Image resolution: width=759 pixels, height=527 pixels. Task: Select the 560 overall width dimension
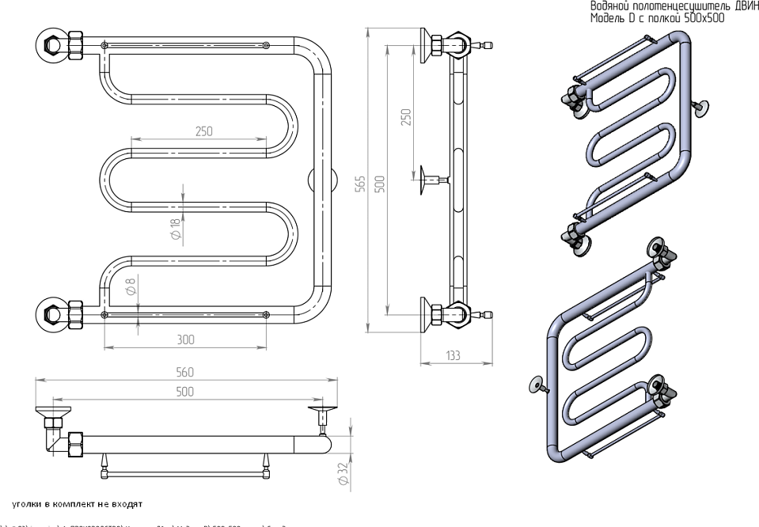[185, 373]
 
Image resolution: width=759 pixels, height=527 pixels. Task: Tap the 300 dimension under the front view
[185, 339]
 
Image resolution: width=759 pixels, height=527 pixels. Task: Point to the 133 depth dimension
[452, 356]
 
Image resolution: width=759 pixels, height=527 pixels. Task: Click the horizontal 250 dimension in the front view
[203, 131]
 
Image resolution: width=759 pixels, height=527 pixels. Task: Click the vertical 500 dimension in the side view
[379, 183]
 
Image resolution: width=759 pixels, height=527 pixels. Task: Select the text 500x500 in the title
[704, 18]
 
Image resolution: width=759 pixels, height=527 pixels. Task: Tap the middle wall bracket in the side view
[431, 179]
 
